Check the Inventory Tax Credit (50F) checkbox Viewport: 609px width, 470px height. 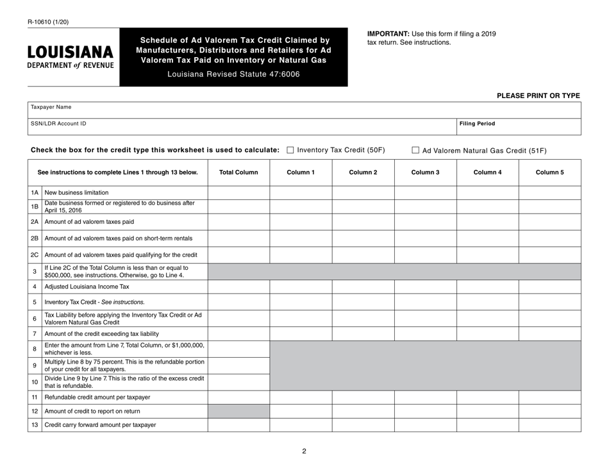[290, 150]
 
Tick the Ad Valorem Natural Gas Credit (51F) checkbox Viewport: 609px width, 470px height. [415, 151]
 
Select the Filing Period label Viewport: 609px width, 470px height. [477, 124]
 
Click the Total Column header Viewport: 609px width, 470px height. [238, 172]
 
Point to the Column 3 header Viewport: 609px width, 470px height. [425, 172]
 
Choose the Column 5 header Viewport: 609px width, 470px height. [549, 172]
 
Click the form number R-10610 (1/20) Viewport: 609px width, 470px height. [48, 21]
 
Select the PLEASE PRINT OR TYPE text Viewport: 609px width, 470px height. [538, 96]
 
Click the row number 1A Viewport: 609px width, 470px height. [35, 192]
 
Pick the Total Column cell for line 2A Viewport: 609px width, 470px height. [238, 222]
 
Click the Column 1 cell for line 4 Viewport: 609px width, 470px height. [301, 287]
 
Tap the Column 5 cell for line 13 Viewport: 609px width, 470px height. [549, 425]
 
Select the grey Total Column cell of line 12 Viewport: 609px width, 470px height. [238, 411]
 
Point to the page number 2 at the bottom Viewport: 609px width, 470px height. [304, 451]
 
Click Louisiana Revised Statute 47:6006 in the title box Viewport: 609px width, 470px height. [233, 74]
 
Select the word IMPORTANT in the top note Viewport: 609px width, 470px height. [387, 34]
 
